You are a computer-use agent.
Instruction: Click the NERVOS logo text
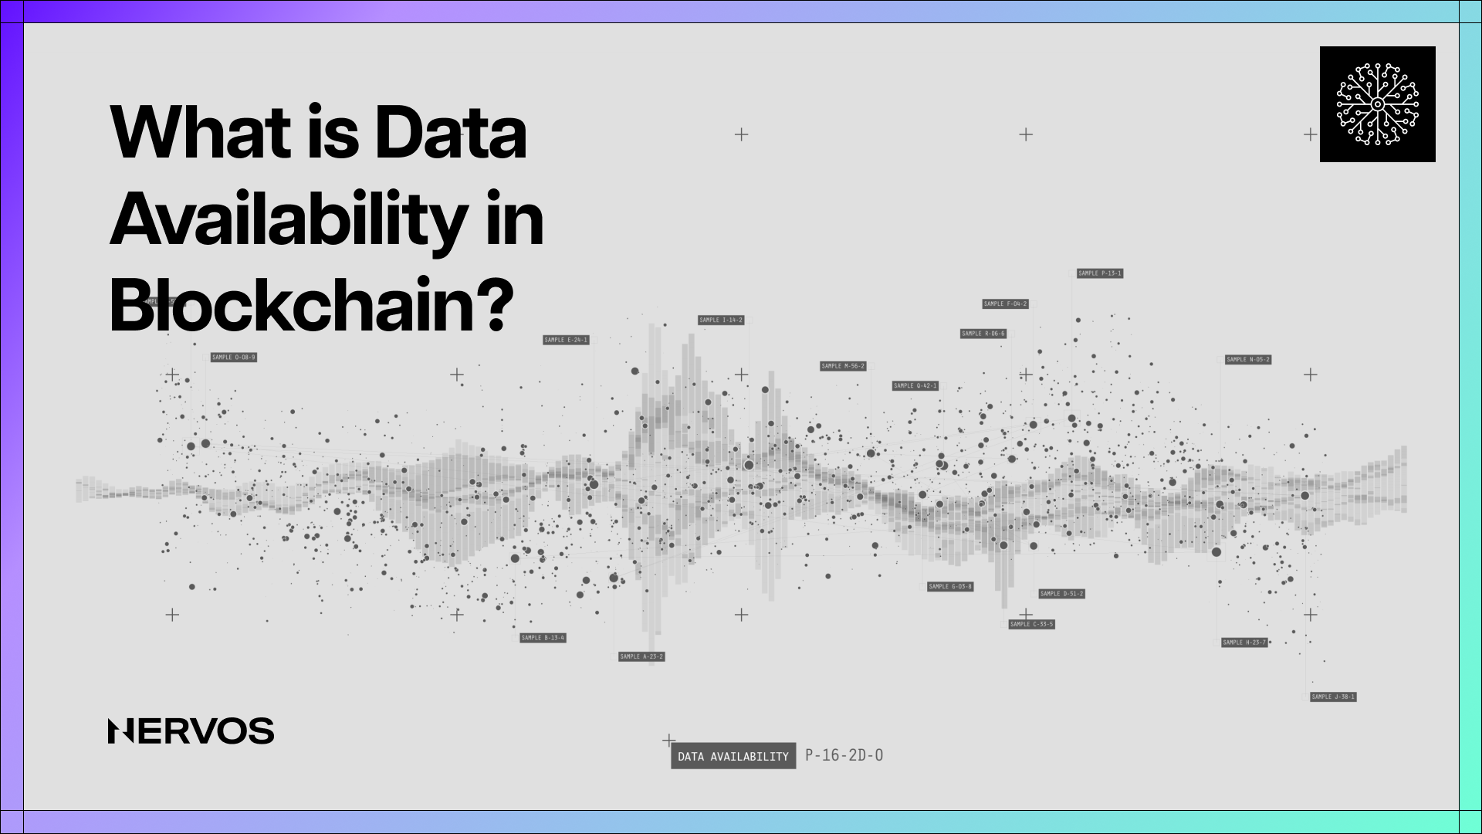pyautogui.click(x=191, y=731)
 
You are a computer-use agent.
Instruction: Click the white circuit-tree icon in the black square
pyautogui.click(x=1377, y=104)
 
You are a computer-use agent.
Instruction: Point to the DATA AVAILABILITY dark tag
pyautogui.click(x=733, y=757)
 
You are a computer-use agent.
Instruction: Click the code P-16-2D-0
pyautogui.click(x=844, y=755)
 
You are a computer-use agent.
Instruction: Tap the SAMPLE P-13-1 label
pyautogui.click(x=1100, y=273)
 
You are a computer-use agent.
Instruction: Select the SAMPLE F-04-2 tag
pyautogui.click(x=1005, y=304)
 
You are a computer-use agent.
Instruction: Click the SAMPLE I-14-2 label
pyautogui.click(x=721, y=320)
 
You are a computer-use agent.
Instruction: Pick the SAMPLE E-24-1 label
pyautogui.click(x=566, y=340)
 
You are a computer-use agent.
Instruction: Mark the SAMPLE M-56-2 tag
pyautogui.click(x=843, y=366)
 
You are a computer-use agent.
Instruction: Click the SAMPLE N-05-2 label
pyautogui.click(x=1248, y=360)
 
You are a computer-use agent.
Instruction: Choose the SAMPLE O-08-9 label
pyautogui.click(x=233, y=358)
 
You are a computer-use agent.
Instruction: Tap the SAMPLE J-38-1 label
pyautogui.click(x=1333, y=697)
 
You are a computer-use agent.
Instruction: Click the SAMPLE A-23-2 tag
pyautogui.click(x=641, y=656)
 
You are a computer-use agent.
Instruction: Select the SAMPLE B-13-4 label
pyautogui.click(x=543, y=638)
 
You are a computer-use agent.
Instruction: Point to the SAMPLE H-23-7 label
pyautogui.click(x=1244, y=642)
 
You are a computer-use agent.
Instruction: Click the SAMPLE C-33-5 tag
pyautogui.click(x=1031, y=624)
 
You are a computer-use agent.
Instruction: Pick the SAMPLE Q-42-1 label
pyautogui.click(x=915, y=385)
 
